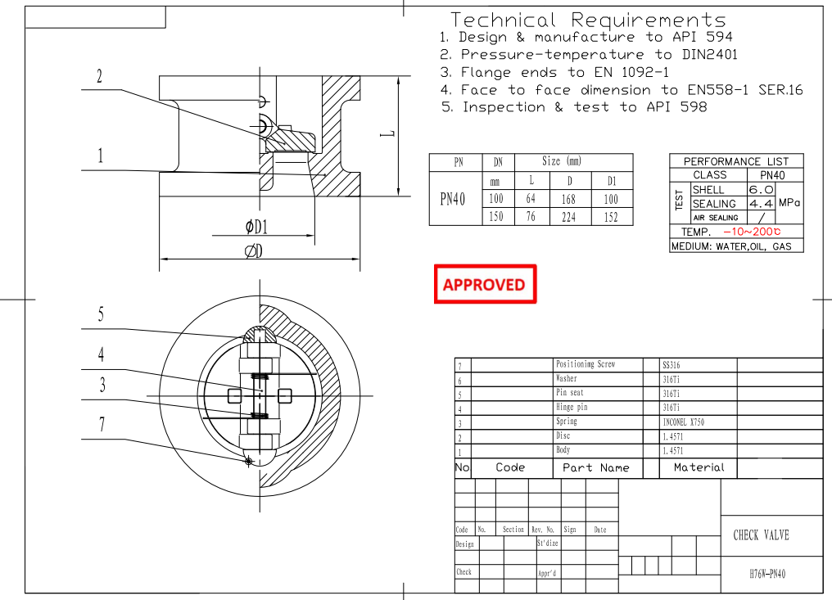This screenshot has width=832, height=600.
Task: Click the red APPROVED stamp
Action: click(485, 285)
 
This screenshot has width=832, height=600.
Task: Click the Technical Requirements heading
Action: click(588, 20)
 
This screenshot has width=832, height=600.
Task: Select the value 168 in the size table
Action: click(568, 199)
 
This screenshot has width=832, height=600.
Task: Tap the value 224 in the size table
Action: click(568, 217)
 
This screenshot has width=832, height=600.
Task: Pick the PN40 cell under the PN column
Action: click(454, 199)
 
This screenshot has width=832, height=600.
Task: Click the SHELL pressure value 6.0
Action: click(761, 189)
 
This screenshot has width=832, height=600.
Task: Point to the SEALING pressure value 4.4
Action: click(761, 203)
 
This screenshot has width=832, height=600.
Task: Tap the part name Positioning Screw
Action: click(585, 364)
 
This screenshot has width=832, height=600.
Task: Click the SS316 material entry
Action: click(672, 365)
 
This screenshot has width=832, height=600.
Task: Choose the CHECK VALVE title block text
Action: click(761, 535)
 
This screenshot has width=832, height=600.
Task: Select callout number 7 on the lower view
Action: click(102, 424)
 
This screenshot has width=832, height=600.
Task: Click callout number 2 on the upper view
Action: click(100, 77)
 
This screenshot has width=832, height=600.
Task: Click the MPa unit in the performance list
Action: click(789, 202)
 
